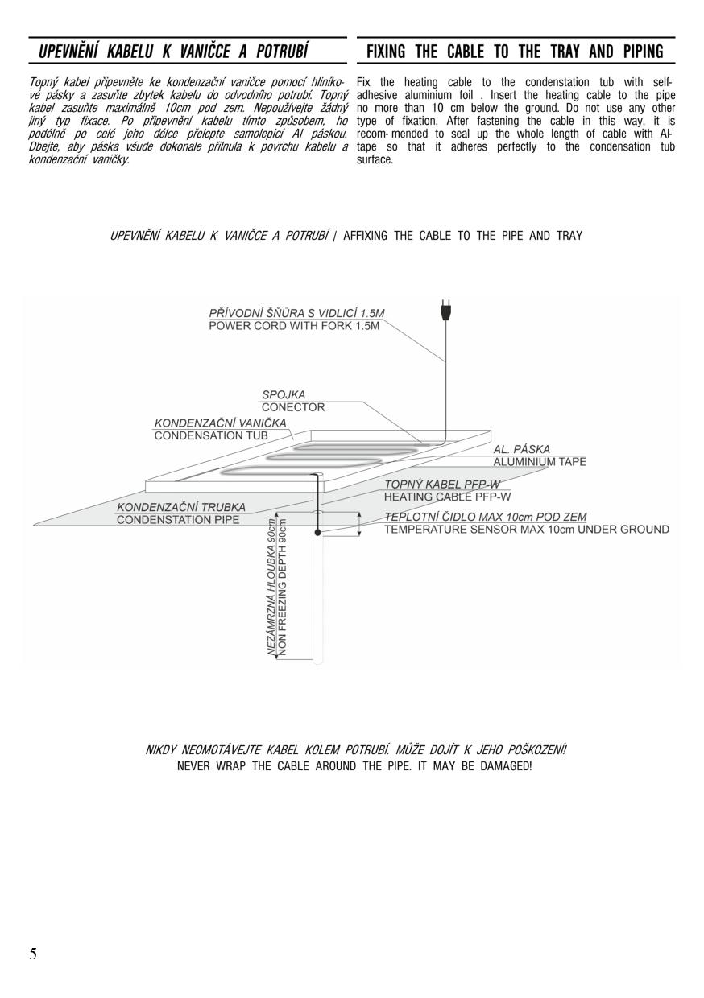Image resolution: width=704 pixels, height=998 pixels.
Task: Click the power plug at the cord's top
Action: point(445,310)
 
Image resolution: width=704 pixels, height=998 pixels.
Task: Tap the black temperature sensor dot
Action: point(317,533)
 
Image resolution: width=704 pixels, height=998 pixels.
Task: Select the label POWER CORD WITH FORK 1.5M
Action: point(294,326)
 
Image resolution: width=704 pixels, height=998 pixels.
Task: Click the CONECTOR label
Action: point(293,407)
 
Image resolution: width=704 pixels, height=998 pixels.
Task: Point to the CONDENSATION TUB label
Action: point(211,435)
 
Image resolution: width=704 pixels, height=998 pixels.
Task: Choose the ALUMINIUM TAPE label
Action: point(540,462)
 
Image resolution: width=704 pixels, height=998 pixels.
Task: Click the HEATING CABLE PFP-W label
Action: point(447,497)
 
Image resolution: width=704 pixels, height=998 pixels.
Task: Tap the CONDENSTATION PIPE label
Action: point(178,519)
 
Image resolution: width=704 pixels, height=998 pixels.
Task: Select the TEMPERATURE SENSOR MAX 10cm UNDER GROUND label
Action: point(527,530)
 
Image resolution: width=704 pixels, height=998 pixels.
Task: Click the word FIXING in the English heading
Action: point(386,52)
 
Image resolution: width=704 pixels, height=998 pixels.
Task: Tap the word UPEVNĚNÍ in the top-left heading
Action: point(68,51)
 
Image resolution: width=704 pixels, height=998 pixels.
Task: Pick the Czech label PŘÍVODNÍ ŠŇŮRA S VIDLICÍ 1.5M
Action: point(296,313)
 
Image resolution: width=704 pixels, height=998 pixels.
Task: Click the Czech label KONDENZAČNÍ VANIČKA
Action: point(220,423)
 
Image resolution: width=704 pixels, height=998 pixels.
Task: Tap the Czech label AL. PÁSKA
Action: point(522,448)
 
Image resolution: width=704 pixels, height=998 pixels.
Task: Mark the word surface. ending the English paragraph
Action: point(375,159)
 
